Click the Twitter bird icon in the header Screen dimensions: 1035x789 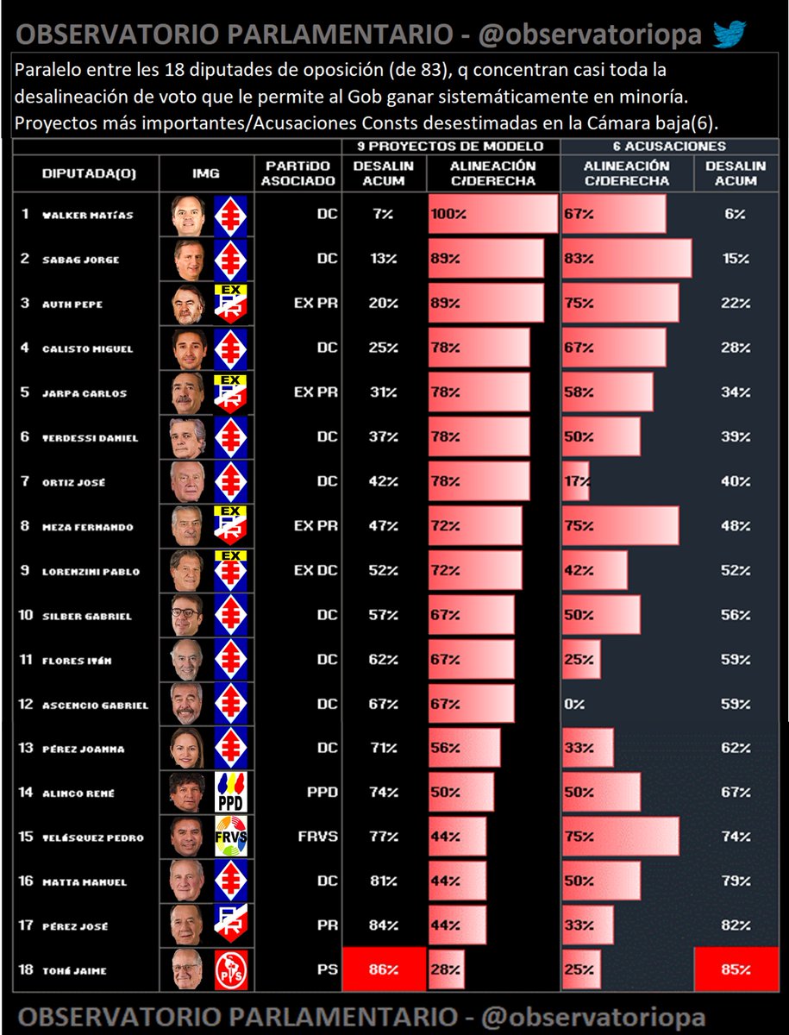tap(729, 34)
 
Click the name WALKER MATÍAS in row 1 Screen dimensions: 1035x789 tap(88, 216)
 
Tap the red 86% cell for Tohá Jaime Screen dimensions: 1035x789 tap(385, 969)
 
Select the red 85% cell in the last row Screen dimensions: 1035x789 tap(736, 969)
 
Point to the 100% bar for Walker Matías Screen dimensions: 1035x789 tap(492, 214)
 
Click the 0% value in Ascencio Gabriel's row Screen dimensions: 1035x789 tap(573, 704)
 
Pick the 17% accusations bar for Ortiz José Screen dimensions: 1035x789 tap(575, 481)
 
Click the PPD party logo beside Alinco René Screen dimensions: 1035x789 tap(230, 793)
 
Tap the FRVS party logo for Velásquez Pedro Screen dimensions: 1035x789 tap(230, 837)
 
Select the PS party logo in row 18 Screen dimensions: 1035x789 tap(230, 969)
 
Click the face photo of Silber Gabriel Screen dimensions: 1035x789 tap(187, 615)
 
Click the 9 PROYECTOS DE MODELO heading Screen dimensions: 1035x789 tap(450, 147)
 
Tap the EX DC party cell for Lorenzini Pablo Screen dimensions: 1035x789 tap(316, 571)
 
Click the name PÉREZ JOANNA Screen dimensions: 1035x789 tap(84, 749)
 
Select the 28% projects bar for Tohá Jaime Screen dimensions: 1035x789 tap(447, 969)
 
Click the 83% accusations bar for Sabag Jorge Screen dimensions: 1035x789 tap(626, 259)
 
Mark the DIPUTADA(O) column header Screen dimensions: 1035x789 tap(89, 174)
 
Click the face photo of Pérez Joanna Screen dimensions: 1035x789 tap(187, 749)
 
